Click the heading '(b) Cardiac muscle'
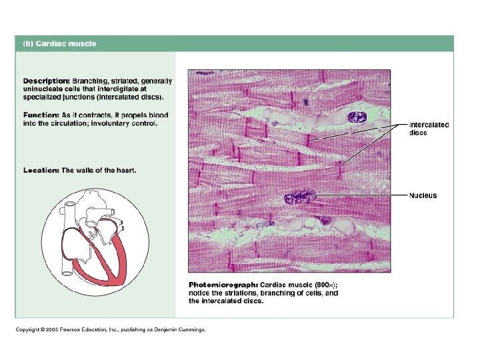click(60, 44)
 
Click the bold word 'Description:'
click(43, 81)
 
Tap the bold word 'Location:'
click(41, 171)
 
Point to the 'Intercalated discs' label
click(428, 129)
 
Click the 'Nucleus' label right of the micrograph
click(423, 195)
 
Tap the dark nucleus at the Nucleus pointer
click(299, 197)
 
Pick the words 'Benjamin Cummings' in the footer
click(183, 329)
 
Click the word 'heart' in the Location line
click(125, 171)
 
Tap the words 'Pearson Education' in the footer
click(86, 329)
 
